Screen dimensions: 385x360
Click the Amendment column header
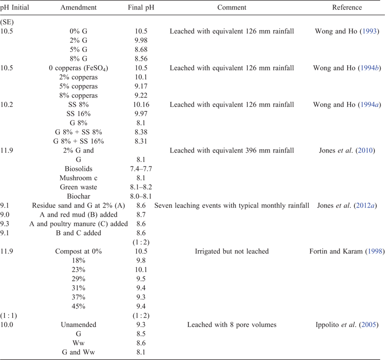78,7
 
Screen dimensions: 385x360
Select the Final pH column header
141,7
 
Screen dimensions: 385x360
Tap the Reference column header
347,7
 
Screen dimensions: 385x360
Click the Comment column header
231,7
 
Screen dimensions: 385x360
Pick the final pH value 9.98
141,40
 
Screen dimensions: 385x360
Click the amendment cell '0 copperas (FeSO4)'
78,68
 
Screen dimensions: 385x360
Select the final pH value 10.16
141,104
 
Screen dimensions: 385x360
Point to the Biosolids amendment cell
78,169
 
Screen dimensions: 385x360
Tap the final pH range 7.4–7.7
141,169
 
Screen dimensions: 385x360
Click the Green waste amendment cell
78,187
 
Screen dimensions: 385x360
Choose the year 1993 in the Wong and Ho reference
369,32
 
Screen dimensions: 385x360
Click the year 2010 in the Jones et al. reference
366,151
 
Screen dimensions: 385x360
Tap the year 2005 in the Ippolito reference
369,325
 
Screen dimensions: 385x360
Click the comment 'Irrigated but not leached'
231,251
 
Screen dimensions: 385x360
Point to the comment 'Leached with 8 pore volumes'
231,325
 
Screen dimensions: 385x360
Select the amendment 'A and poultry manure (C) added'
78,224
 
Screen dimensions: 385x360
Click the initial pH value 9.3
5,224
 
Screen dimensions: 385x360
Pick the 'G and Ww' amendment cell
78,352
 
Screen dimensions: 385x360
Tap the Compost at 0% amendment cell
78,251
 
